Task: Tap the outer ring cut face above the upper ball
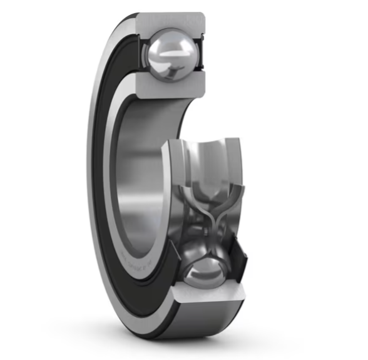(172, 21)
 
